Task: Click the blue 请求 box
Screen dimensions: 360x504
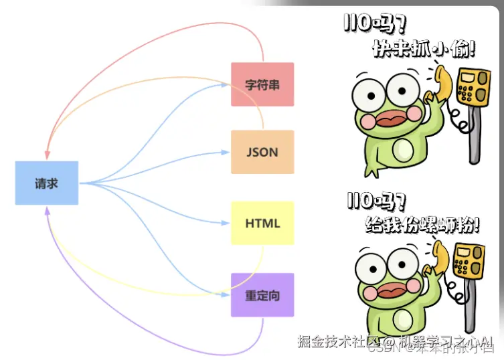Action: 47,183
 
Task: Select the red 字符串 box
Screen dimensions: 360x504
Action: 262,84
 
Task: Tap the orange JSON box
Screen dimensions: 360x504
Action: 262,152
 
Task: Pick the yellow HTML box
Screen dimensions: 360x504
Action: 262,223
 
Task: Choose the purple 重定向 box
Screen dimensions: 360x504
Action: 262,295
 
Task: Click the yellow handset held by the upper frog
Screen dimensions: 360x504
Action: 441,80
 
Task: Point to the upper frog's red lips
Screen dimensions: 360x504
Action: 390,119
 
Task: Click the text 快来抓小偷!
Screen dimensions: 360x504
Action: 424,49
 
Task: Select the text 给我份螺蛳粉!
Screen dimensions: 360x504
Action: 422,224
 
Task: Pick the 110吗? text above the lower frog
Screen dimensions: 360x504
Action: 375,200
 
